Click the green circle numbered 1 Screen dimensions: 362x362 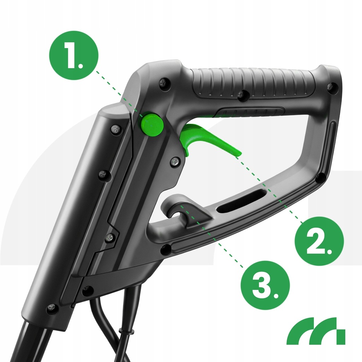pos(74,56)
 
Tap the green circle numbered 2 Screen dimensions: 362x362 pos(320,241)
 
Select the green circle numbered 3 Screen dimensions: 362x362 pos(265,285)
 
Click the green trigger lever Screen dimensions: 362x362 pos(208,139)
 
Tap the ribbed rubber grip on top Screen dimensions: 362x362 pos(254,82)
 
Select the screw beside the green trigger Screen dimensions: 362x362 pos(175,162)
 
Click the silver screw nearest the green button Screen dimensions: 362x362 pos(116,129)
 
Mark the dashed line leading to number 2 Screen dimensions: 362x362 pos(269,190)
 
